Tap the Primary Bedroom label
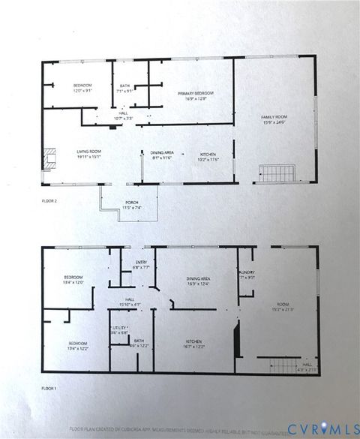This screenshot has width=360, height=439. (x=191, y=95)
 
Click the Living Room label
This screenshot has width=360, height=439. (x=88, y=155)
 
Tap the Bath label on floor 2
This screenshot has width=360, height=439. (x=124, y=88)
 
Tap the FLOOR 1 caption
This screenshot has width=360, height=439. (x=49, y=389)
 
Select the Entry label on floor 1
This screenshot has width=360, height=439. (x=142, y=264)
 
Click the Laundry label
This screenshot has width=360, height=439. (x=247, y=274)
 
